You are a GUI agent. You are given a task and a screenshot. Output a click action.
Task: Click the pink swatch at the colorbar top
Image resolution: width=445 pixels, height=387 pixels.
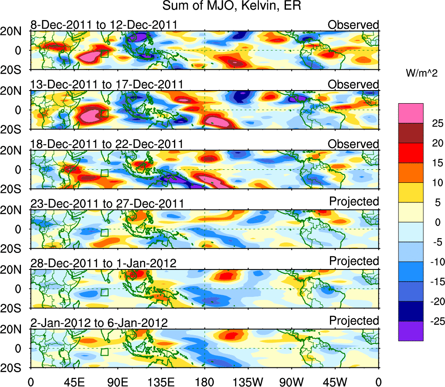[x=410, y=113]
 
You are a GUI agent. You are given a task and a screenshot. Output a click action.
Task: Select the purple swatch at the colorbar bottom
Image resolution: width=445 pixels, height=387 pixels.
[x=410, y=331]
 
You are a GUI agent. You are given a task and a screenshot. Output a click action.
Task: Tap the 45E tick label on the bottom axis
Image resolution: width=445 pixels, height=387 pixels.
[x=74, y=382]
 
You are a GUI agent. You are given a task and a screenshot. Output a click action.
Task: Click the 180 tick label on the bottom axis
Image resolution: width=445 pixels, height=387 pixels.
[x=204, y=382]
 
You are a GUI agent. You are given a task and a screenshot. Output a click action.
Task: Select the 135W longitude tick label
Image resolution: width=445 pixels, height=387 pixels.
[x=248, y=382]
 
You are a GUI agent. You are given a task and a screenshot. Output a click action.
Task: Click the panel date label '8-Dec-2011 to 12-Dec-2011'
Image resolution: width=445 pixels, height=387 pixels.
[x=104, y=24]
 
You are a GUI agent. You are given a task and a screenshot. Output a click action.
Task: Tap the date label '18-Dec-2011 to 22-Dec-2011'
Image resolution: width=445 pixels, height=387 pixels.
[x=107, y=144]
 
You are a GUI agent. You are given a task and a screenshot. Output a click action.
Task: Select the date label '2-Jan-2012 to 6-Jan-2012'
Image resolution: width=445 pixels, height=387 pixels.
[x=99, y=323]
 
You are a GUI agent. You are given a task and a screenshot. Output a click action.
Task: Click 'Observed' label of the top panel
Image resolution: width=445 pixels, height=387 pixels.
[x=353, y=25]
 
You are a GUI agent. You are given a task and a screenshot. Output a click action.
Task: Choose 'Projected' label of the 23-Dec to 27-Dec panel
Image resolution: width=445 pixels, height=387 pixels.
[x=354, y=202]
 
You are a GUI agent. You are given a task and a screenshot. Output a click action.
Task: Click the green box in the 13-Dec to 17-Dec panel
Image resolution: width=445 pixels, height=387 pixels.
[x=104, y=113]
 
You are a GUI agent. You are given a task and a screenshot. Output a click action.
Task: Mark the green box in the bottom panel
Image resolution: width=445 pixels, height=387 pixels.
[x=104, y=352]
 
